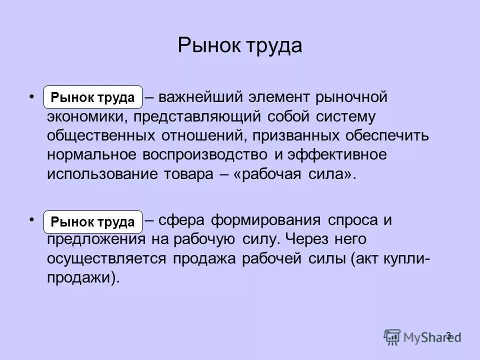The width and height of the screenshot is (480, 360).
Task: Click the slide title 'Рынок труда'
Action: (240, 46)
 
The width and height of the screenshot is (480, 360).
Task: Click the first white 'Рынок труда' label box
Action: (93, 97)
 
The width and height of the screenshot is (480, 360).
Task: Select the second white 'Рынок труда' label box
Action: (93, 221)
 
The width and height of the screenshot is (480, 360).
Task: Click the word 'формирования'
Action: (266, 220)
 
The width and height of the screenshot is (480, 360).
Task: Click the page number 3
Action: (448, 335)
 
